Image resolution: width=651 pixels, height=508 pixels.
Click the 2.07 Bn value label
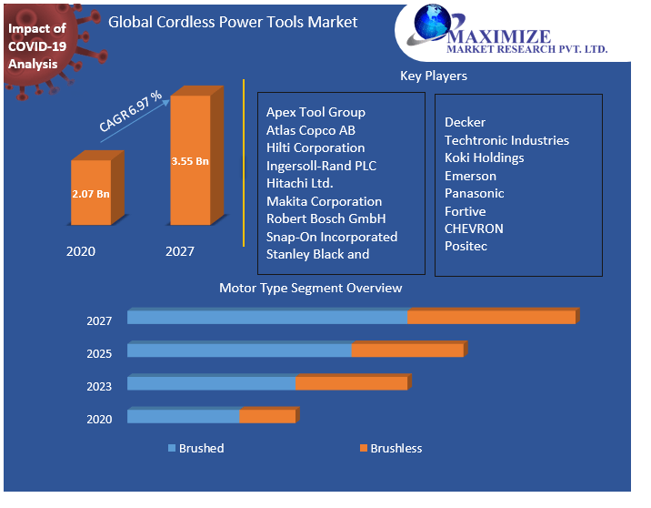coord(91,194)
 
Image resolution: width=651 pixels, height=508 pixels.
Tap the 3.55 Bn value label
coord(190,162)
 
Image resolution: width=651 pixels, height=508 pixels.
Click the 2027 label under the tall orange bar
coord(180,251)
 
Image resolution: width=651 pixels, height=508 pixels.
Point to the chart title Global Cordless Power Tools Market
coord(233,22)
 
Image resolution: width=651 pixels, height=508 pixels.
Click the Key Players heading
coord(434,76)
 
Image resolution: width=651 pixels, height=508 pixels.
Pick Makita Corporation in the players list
coord(324,201)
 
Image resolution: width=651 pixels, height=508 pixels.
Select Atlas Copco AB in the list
coord(310,130)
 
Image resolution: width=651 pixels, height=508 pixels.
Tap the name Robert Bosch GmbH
coord(325,218)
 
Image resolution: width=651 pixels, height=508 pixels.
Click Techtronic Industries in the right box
coord(506,140)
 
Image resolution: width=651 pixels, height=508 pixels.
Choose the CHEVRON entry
coord(474,229)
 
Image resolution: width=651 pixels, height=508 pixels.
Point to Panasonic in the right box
coord(474,193)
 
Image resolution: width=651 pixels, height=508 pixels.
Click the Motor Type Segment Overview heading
coord(310,288)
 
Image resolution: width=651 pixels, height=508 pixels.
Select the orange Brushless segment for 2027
coord(491,317)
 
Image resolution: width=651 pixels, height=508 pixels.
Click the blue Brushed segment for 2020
coord(183,416)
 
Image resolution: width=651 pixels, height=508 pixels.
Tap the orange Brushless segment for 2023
coord(351,383)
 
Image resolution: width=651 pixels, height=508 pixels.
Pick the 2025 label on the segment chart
coord(99,353)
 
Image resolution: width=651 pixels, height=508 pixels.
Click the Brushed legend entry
coord(195,448)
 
